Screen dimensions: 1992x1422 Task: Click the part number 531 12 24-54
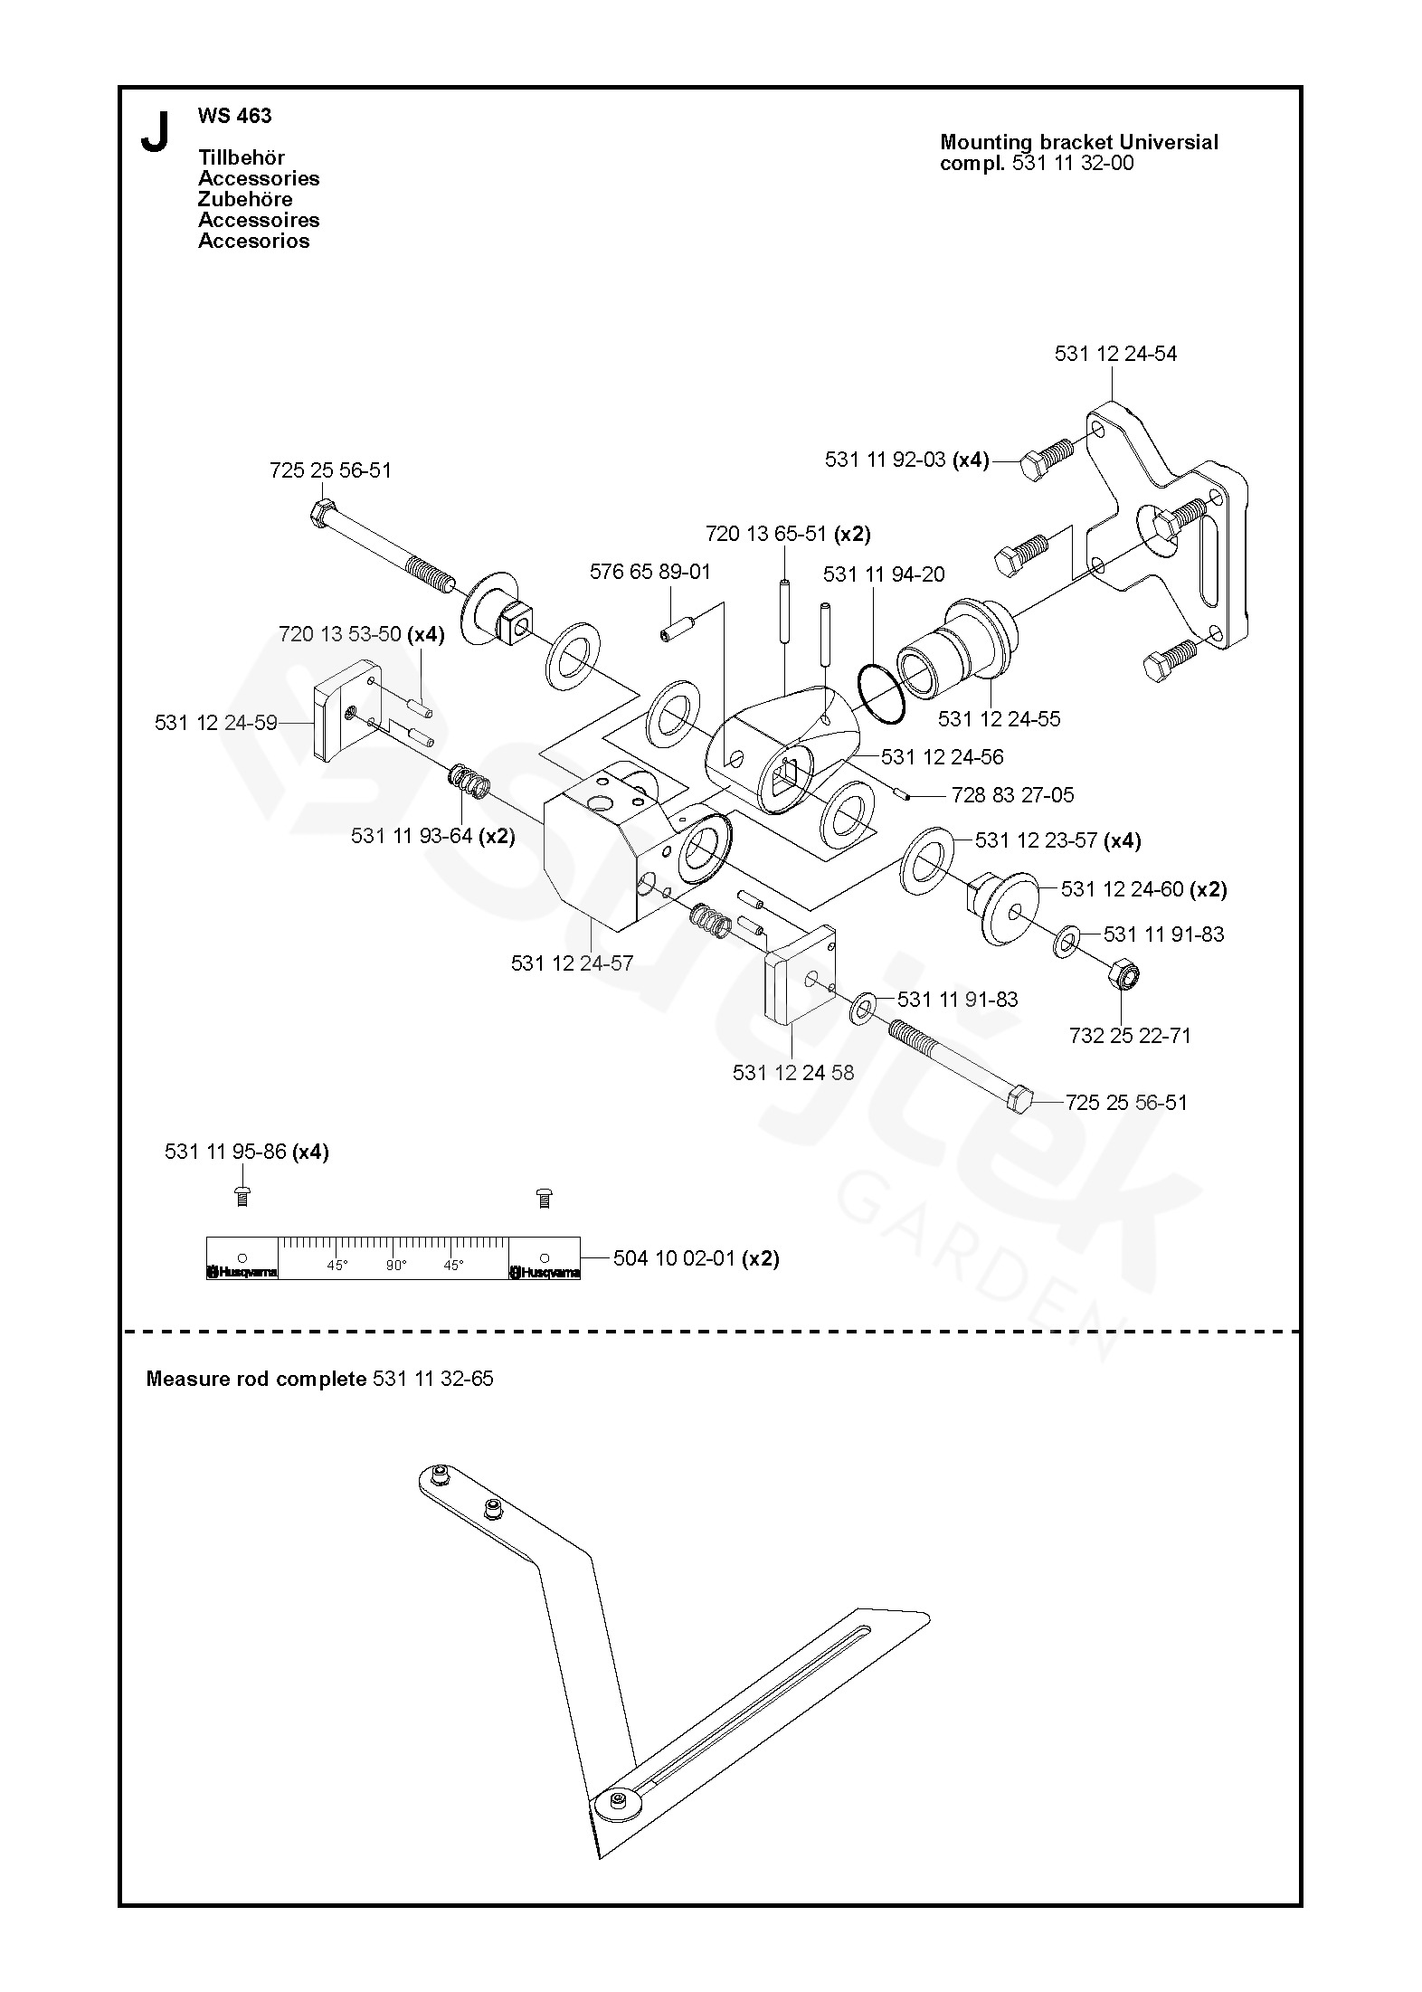(1115, 354)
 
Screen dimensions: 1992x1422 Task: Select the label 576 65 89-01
(650, 572)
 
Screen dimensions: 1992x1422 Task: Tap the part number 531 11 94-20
(884, 574)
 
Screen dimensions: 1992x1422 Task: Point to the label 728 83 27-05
(1012, 795)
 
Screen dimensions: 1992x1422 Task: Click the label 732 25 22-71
(1130, 1036)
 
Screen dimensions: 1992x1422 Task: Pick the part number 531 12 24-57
(572, 963)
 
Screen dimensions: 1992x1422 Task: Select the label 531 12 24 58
(792, 1073)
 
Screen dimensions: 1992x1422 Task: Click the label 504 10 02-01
(673, 1258)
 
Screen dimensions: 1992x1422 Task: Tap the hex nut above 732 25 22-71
(1123, 975)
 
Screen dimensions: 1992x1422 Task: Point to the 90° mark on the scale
(396, 1266)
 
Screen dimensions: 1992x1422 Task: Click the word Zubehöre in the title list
(245, 199)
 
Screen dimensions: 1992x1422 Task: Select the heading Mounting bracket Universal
(1079, 142)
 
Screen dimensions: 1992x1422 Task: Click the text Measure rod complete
(257, 1379)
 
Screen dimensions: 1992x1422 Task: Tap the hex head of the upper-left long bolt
(321, 513)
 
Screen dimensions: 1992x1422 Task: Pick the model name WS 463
(235, 116)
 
